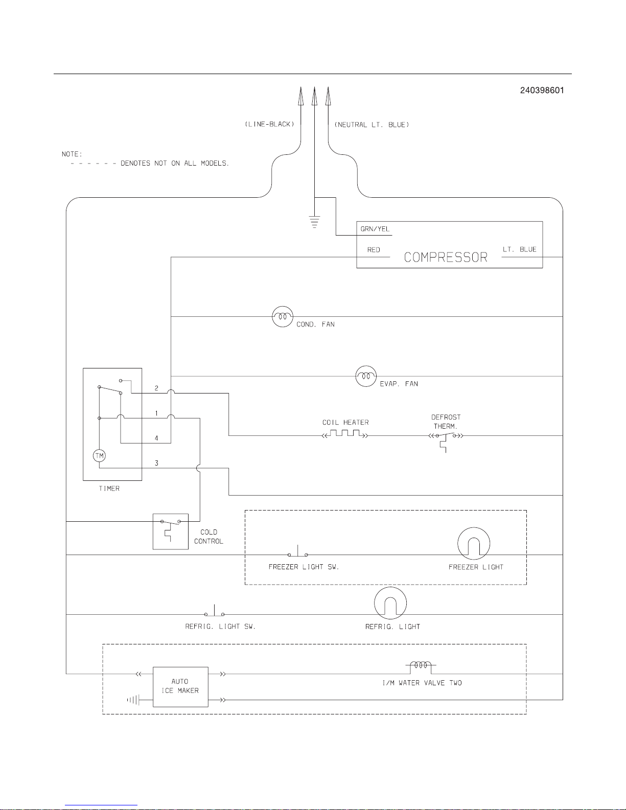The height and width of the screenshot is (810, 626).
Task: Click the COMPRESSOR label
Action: pos(446,257)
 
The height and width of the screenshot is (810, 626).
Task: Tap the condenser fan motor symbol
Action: pos(282,317)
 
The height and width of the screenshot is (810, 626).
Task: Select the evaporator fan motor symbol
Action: pos(365,377)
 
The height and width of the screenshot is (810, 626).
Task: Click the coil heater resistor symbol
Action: pos(345,435)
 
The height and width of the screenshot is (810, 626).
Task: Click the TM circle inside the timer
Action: pos(99,455)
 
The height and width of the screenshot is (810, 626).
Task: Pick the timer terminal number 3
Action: pos(156,463)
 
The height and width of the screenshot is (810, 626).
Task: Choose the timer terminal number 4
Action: pos(156,438)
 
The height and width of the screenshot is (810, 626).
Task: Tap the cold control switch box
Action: pos(171,531)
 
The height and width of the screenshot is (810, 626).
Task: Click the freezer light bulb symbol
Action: pos(474,544)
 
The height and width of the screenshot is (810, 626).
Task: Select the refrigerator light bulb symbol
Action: pos(390,604)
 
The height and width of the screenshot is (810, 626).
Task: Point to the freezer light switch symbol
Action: pos(298,553)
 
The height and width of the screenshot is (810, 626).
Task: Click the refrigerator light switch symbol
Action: pos(215,613)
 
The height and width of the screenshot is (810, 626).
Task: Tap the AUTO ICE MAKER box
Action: pos(180,686)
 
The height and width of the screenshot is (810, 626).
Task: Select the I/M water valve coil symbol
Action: pos(421,666)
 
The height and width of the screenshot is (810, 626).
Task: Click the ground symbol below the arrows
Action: pos(314,222)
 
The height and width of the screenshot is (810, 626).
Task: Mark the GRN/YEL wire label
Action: pos(375,229)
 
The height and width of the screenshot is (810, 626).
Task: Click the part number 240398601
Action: pos(542,90)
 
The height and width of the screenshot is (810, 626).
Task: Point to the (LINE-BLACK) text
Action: pos(269,125)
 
